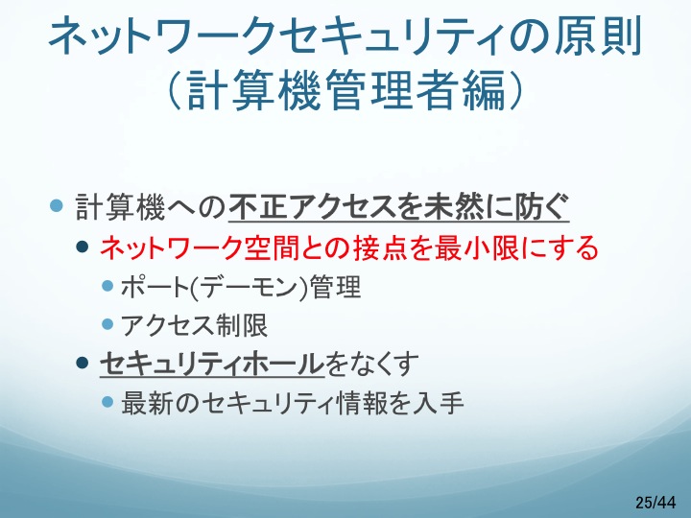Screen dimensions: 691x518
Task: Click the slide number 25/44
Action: (x=655, y=502)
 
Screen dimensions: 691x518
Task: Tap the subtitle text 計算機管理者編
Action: (x=345, y=89)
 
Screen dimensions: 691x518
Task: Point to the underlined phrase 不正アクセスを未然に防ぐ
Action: (x=398, y=206)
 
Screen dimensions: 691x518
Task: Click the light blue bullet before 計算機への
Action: (x=57, y=205)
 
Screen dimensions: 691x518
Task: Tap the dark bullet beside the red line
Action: (x=83, y=247)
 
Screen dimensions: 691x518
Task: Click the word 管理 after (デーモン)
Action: (x=335, y=287)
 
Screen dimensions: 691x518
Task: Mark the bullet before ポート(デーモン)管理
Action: (x=107, y=286)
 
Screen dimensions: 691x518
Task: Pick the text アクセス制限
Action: (x=194, y=325)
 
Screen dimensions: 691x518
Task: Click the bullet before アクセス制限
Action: (x=107, y=324)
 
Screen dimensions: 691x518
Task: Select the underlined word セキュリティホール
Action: (x=211, y=364)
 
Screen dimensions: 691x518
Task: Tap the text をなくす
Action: (x=371, y=364)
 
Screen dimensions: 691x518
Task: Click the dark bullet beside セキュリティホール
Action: (x=83, y=363)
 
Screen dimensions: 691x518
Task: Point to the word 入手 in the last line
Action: (x=438, y=403)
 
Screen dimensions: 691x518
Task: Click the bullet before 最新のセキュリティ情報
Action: (x=107, y=402)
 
